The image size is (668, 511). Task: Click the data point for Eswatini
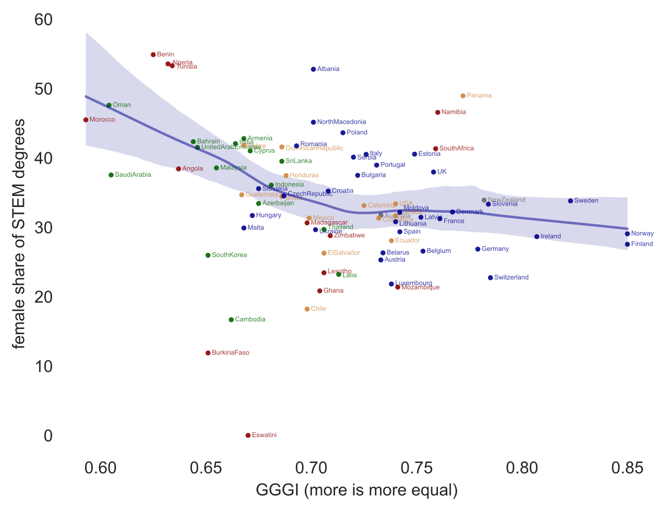click(x=248, y=435)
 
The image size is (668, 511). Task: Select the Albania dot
click(x=313, y=69)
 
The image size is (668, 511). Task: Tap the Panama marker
click(x=463, y=96)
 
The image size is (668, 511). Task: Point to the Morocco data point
click(x=86, y=120)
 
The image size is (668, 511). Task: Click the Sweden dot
click(x=570, y=201)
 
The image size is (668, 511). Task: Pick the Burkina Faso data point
click(x=208, y=353)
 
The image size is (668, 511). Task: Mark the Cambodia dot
click(x=231, y=320)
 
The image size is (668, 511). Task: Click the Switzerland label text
click(x=511, y=277)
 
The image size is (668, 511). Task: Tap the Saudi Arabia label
click(x=133, y=175)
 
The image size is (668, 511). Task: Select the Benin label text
click(x=165, y=54)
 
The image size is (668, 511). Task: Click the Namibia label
click(x=454, y=112)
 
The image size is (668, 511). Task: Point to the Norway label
click(x=642, y=234)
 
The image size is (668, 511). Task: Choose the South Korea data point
click(x=208, y=255)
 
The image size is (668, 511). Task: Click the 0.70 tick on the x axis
click(x=312, y=468)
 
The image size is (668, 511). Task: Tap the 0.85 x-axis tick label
click(x=627, y=468)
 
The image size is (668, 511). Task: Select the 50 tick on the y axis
click(x=43, y=89)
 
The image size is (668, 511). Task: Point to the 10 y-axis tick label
click(x=43, y=367)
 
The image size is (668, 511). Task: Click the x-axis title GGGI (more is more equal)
click(x=356, y=490)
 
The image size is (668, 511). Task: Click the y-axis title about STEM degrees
click(x=19, y=233)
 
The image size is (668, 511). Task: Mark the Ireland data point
click(x=536, y=237)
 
